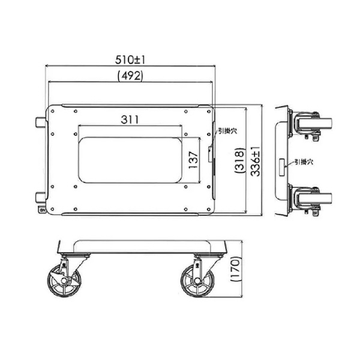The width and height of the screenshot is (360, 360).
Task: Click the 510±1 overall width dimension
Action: coord(131,59)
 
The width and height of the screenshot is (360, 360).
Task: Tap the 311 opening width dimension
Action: coord(130,119)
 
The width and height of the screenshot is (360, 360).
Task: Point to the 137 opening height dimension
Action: coord(193,160)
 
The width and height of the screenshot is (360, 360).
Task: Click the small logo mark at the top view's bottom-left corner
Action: coord(43,210)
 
